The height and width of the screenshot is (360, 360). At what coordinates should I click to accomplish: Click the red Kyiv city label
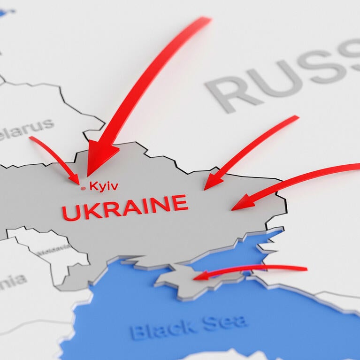(x=104, y=186)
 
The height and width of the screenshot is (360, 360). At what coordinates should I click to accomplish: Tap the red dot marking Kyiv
(x=84, y=188)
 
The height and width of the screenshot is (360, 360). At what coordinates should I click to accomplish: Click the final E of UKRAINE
(x=180, y=203)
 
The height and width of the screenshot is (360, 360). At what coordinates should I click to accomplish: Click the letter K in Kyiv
(x=93, y=186)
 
